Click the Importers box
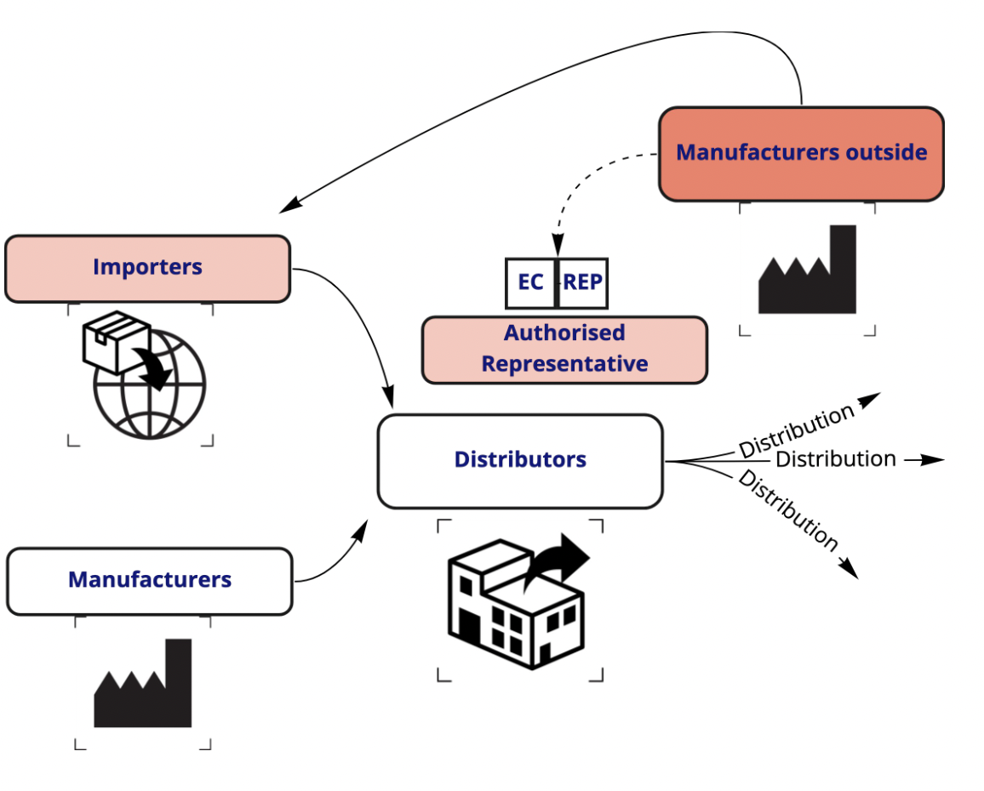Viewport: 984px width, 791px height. (x=147, y=268)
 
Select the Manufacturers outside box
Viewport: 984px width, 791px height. (x=801, y=153)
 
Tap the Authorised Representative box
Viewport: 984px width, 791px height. (x=564, y=349)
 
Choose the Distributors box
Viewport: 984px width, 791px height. (x=519, y=460)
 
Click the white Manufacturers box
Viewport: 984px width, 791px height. (x=149, y=581)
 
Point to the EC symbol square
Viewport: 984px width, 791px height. (x=530, y=282)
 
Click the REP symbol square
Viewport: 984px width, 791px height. (x=583, y=282)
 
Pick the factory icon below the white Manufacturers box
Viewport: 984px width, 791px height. (x=142, y=686)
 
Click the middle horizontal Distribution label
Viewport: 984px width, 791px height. (x=835, y=459)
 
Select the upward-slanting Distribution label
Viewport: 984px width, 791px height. (x=795, y=431)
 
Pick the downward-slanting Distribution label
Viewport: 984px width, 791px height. (x=788, y=509)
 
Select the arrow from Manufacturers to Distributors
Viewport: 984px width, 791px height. (x=336, y=561)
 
